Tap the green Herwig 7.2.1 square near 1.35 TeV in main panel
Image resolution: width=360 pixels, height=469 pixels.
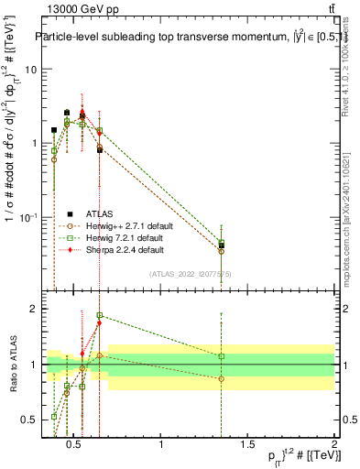tap(222, 243)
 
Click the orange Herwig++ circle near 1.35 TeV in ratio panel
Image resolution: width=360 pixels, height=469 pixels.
tap(222, 378)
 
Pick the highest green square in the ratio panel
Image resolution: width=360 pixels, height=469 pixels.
tap(99, 315)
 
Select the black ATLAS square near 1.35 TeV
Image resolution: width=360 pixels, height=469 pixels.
tap(222, 245)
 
